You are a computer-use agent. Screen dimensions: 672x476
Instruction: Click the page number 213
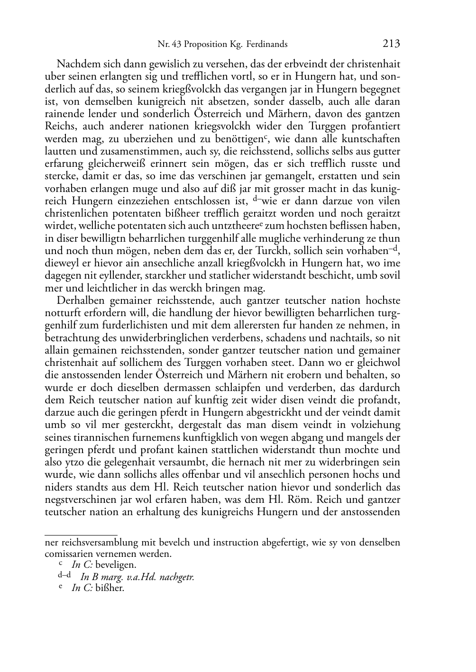[391, 44]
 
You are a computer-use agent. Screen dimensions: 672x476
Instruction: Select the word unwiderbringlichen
[159, 338]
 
